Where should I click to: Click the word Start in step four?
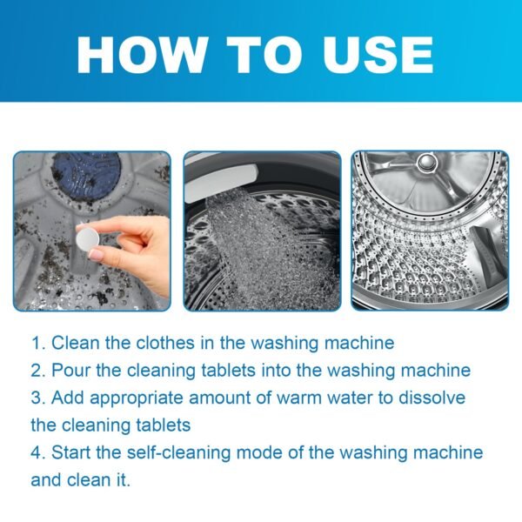tap(71, 453)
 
